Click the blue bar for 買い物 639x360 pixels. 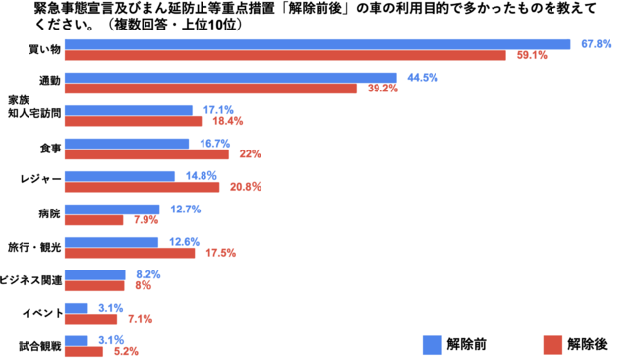(x=318, y=44)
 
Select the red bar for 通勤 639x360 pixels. (x=210, y=89)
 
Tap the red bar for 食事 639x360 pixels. (x=146, y=154)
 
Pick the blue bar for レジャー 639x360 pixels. (x=120, y=176)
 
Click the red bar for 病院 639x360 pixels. (x=93, y=220)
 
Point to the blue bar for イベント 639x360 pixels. (x=77, y=308)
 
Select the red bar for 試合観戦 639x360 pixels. (x=84, y=351)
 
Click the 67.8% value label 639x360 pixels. (x=596, y=44)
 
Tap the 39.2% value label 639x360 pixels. (x=382, y=89)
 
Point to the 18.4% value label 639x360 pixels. (x=228, y=121)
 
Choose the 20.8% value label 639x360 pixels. (x=246, y=187)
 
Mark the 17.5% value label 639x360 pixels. (x=221, y=253)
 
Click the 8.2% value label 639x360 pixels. (x=148, y=274)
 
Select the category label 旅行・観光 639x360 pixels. (x=34, y=247)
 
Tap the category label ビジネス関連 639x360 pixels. (x=31, y=280)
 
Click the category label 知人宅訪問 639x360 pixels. (x=34, y=113)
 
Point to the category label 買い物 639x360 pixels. (x=45, y=50)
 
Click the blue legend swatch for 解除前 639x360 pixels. (x=432, y=345)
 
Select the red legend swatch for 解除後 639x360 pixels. (x=552, y=345)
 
